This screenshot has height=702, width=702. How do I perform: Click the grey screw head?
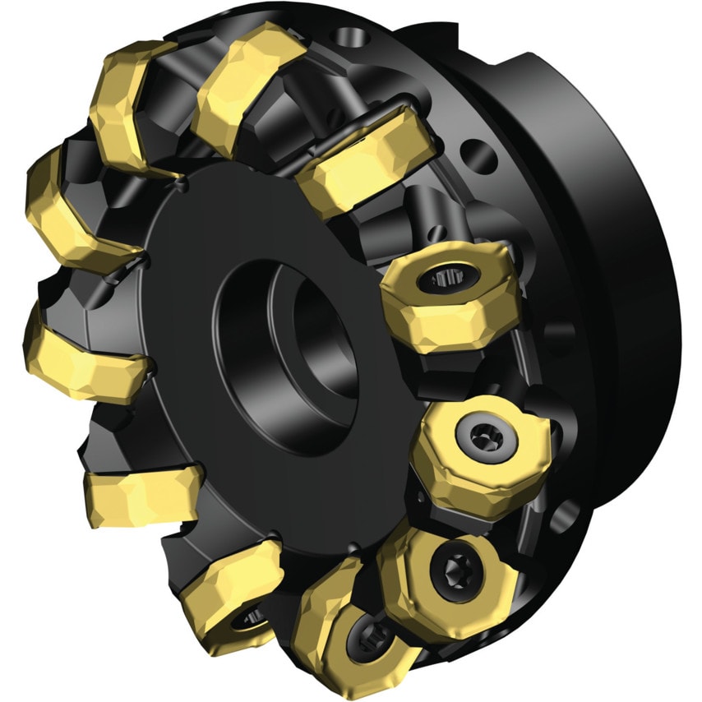coord(478,430)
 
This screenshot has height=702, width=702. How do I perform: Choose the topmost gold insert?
coord(247,82)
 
